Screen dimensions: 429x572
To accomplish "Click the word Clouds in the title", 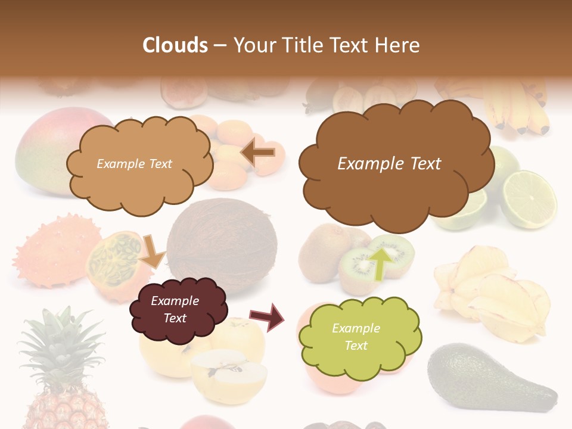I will point(175,45).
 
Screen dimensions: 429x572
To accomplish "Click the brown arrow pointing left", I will point(258,153).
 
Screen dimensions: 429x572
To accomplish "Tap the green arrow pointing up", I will point(382,262).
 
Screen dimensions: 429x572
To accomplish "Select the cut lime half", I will point(528,199).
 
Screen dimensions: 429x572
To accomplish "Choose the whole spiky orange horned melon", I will point(51,250).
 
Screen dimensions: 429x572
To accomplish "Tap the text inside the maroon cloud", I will point(175,309).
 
